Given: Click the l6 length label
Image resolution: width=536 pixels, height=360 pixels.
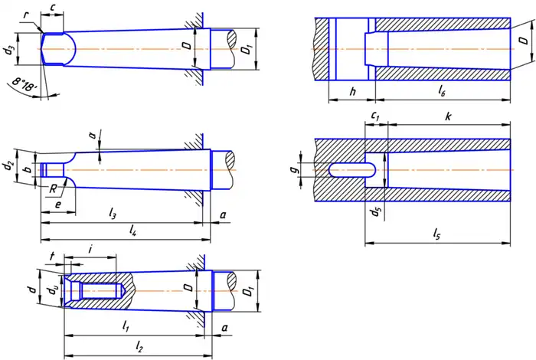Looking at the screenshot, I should coord(442,90).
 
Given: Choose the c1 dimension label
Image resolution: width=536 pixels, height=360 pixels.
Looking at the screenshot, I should coord(375,115).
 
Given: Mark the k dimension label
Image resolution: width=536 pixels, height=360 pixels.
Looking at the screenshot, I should coord(448,115).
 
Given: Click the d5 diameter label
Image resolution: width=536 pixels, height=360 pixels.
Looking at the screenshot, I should coord(374,211).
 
